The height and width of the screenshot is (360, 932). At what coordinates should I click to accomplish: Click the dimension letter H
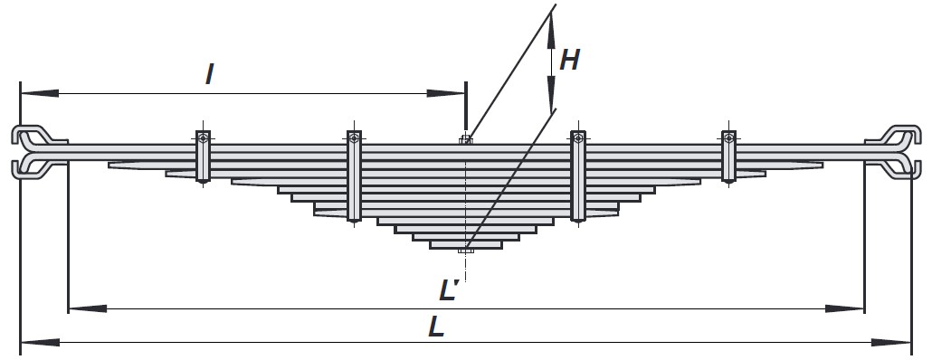tap(569, 60)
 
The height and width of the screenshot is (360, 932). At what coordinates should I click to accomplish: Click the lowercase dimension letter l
tap(209, 74)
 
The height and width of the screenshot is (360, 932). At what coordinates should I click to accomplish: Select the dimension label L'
tap(449, 290)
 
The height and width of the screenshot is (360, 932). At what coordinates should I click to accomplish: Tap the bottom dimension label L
tap(437, 327)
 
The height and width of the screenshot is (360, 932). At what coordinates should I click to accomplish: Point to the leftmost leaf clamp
tap(204, 156)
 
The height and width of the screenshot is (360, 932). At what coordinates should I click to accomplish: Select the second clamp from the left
tap(355, 176)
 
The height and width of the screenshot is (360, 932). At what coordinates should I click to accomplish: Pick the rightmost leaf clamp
tap(728, 156)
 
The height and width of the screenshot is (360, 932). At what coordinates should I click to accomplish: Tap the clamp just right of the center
tap(577, 176)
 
